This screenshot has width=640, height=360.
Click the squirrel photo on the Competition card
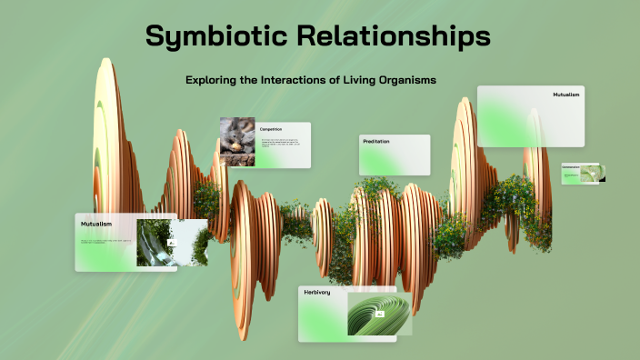[236, 143]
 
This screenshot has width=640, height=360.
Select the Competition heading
[271, 129]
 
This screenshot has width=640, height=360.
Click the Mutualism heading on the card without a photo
[565, 95]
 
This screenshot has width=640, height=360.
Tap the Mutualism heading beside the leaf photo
[96, 223]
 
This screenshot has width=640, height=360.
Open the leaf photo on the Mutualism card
[158, 243]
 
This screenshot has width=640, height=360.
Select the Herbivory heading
[317, 293]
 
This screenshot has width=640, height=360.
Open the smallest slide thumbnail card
[583, 173]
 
